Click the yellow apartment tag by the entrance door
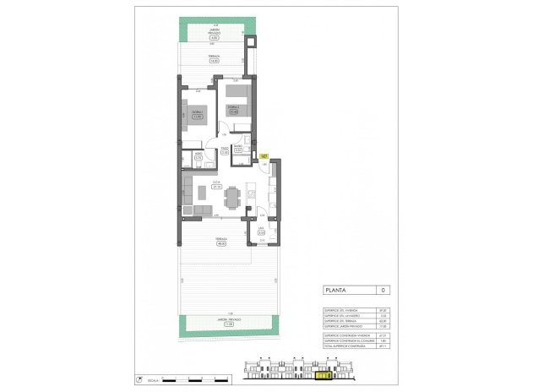click(x=264, y=156)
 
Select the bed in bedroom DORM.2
click(x=237, y=93)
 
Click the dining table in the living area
click(x=231, y=197)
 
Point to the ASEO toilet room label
click(x=198, y=155)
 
